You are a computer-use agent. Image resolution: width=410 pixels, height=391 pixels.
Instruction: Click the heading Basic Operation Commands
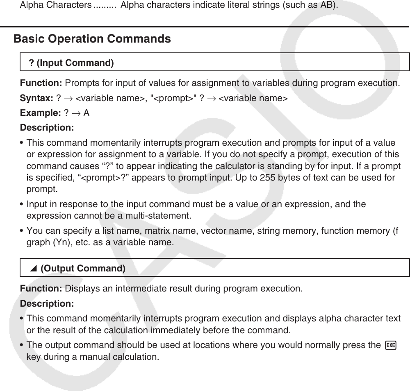pos(92,39)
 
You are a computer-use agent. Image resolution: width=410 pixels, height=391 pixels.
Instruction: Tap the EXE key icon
pos(391,345)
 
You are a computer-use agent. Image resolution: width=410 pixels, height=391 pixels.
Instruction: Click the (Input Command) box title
pos(71,63)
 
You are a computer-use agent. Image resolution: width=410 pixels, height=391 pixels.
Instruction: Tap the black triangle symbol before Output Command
pos(34,269)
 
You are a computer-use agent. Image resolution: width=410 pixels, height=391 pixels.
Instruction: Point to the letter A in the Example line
pos(87,113)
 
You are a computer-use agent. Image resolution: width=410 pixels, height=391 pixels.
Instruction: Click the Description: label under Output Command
pos(47,304)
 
